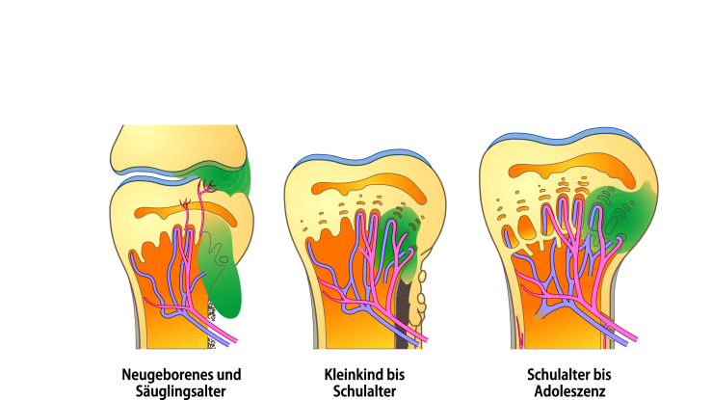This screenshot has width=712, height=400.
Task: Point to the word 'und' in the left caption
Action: point(227,374)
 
